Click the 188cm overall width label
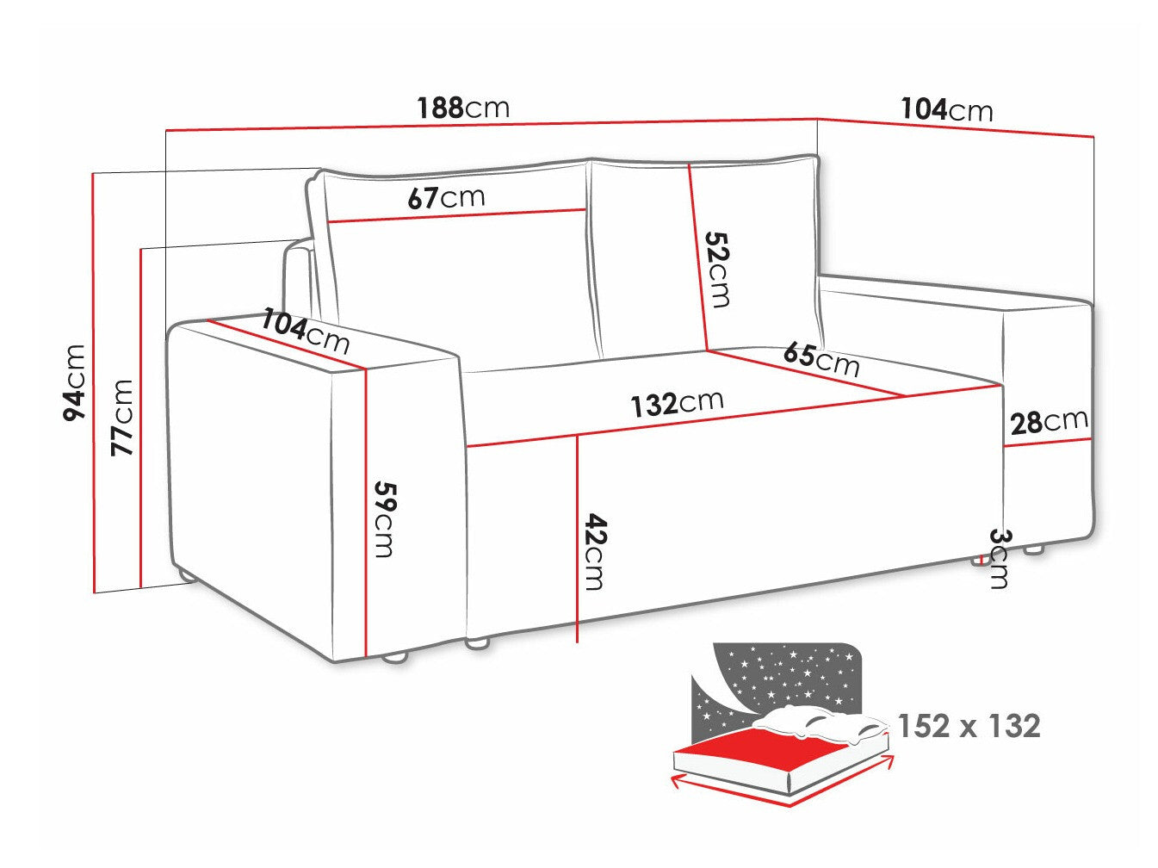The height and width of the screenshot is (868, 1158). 463,108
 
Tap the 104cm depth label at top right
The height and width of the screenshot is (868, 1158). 946,109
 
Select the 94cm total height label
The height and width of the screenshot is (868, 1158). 75,381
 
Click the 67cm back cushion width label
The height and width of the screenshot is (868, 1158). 446,197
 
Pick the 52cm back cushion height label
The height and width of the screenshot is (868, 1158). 717,269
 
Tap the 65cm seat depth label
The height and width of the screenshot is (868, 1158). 821,357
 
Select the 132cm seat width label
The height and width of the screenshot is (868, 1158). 677,402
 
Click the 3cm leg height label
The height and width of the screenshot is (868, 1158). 998,557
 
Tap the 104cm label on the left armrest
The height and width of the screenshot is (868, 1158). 306,331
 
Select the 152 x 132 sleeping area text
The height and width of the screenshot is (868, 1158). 969,726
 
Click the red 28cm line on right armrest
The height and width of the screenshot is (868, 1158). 1047,443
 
